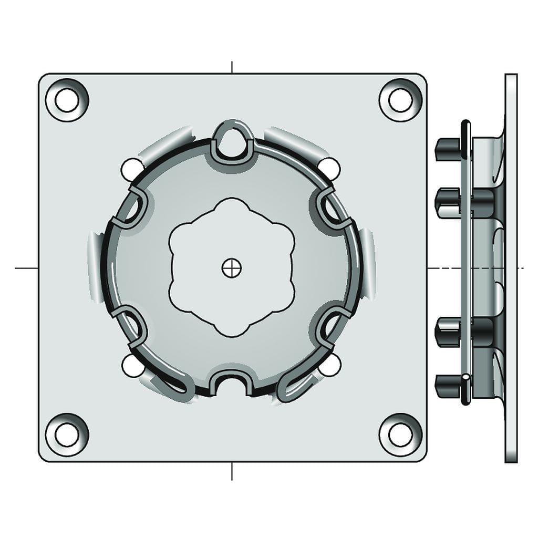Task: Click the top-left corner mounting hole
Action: pyautogui.click(x=67, y=100)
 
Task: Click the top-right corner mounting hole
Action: pyautogui.click(x=400, y=100)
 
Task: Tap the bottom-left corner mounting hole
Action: pyautogui.click(x=67, y=434)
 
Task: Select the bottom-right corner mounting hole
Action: pyautogui.click(x=400, y=434)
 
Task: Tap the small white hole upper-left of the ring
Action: pyautogui.click(x=131, y=169)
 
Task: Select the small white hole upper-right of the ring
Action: pyautogui.click(x=330, y=167)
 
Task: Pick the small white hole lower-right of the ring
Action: pyautogui.click(x=330, y=366)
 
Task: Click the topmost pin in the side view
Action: pyautogui.click(x=447, y=149)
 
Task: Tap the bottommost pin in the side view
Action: pyautogui.click(x=447, y=387)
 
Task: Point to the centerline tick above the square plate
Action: pyautogui.click(x=232, y=67)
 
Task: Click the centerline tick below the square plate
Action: pyautogui.click(x=232, y=471)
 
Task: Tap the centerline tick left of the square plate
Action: pyautogui.click(x=26, y=268)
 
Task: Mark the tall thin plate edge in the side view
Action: pyautogui.click(x=511, y=268)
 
